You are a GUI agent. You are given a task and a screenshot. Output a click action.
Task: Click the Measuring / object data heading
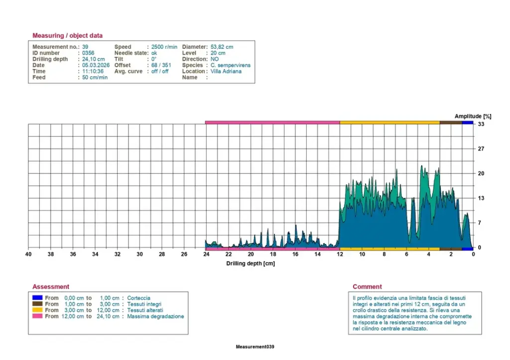67,35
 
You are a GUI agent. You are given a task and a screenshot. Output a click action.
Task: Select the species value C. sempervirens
230,65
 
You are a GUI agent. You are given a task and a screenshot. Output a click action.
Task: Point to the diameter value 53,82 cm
222,47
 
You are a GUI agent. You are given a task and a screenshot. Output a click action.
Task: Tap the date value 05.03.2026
96,65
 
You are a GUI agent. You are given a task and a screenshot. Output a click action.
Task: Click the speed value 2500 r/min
164,47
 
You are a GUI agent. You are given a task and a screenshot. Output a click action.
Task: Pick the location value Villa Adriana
226,71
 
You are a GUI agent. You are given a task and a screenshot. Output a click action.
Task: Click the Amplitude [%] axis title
473,116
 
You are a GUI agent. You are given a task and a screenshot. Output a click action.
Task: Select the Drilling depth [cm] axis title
251,263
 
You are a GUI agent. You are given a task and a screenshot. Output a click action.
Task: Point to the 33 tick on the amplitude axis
481,124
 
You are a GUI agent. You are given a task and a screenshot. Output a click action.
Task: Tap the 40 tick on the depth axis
28,254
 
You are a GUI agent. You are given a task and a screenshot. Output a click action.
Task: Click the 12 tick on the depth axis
340,254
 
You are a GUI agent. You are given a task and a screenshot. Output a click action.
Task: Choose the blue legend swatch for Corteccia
37,298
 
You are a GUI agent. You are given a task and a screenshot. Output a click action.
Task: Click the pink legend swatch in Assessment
37,316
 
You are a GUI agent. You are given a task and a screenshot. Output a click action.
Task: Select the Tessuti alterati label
145,310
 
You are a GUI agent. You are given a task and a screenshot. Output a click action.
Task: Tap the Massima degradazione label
155,316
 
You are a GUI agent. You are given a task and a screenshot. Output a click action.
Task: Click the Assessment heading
51,286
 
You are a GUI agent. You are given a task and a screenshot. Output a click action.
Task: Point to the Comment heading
367,286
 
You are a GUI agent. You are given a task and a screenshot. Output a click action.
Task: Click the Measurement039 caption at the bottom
255,347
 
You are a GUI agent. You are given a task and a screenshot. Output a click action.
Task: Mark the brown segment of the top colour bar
451,122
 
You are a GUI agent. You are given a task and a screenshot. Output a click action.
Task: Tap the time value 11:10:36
93,71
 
